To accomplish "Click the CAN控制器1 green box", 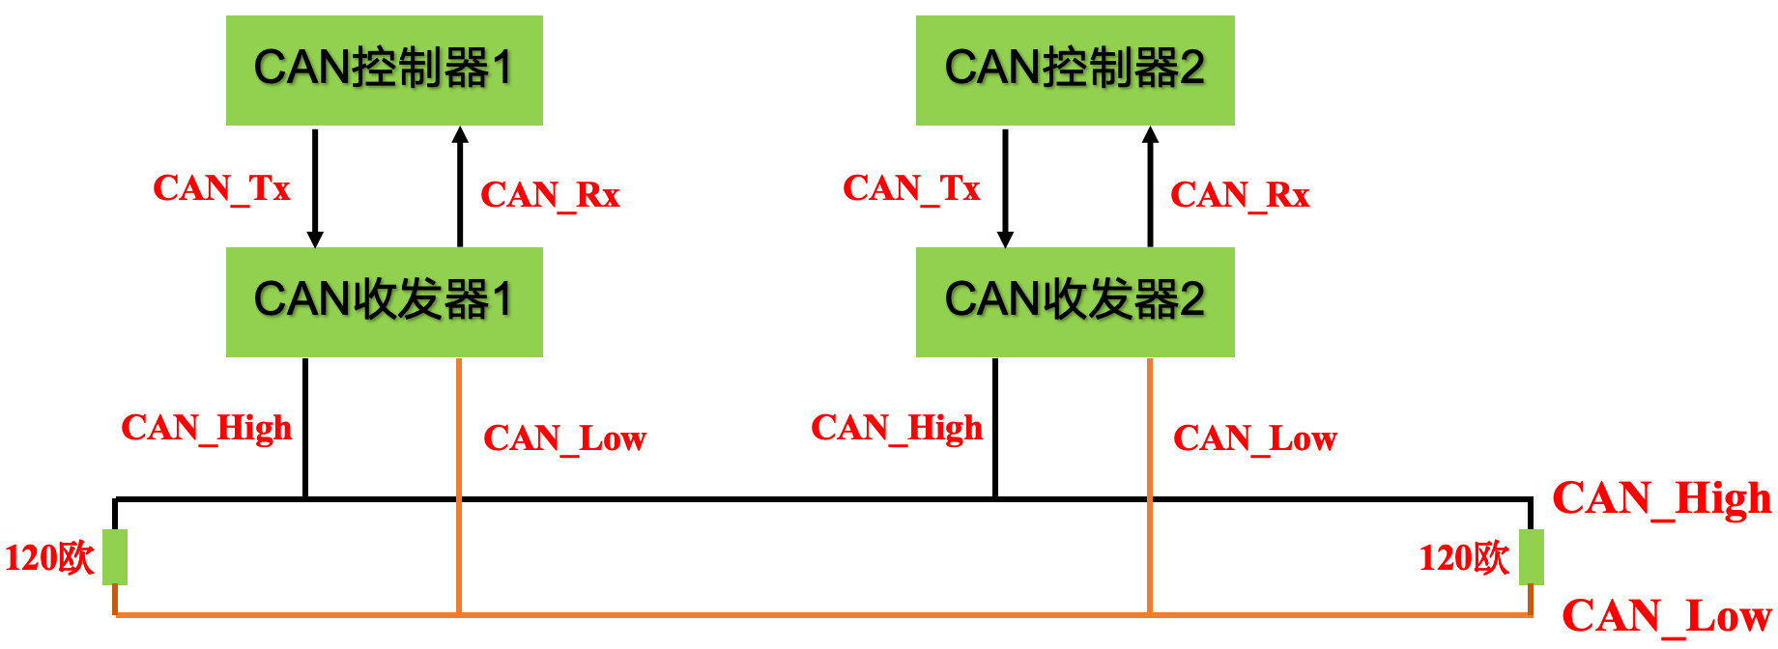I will coord(384,70).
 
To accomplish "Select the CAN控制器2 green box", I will coord(1075,70).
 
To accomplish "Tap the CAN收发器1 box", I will coord(384,301).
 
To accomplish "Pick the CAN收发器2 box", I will coord(1075,301).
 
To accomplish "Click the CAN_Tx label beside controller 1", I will coord(221,188).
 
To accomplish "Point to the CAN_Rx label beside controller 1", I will coord(550,195).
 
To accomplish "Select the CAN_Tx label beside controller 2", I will coord(911,188).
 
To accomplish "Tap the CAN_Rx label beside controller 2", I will coord(1240,195).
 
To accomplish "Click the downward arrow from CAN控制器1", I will coord(315,188).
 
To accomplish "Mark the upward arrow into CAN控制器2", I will coord(1150,188).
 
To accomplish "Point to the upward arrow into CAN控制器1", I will coord(460,188).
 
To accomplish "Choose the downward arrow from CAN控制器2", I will coord(1005,188).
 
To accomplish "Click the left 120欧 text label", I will coord(49,558).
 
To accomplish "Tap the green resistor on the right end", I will coord(1531,557).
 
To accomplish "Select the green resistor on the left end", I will coord(115,557).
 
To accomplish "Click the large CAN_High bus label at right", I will coord(1661,499).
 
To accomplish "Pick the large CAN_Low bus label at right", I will coord(1666,616).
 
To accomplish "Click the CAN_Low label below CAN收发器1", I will coord(564,438).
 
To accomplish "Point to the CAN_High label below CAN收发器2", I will coord(896,428).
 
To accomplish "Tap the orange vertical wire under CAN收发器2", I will coord(1150,435).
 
